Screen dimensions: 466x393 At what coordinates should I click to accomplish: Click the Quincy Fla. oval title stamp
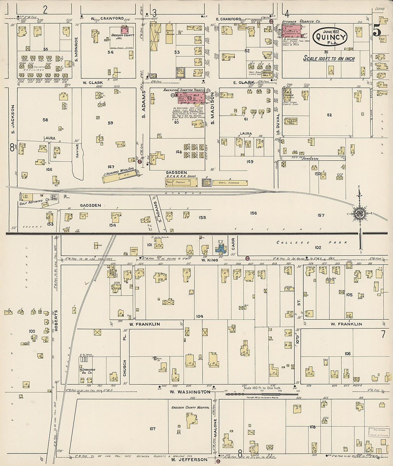[330, 37]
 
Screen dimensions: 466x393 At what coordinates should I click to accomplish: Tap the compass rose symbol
[359, 214]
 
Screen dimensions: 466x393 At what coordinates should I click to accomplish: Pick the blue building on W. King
[220, 249]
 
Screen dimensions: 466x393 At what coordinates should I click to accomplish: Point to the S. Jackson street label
[13, 119]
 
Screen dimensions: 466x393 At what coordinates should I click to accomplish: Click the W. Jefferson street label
[189, 459]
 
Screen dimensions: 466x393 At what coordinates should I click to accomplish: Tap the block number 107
[153, 429]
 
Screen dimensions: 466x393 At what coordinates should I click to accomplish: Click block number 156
[253, 213]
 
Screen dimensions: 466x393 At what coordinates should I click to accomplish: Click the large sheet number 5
[377, 32]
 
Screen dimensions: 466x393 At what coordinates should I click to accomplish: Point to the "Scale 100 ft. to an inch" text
[329, 59]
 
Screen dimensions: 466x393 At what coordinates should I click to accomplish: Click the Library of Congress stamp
[378, 432]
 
